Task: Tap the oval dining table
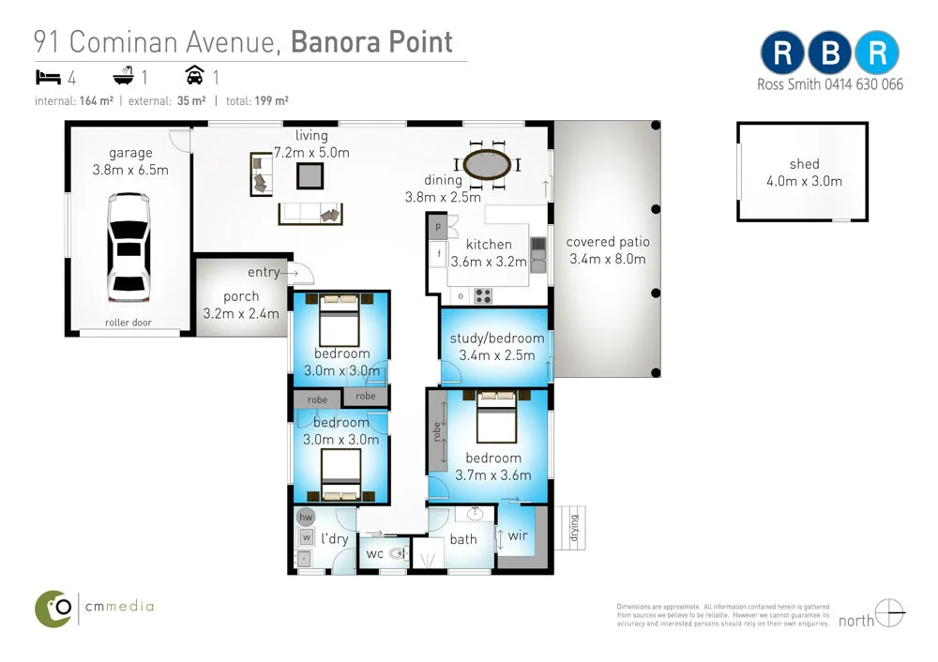489,165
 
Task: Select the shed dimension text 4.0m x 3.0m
803,181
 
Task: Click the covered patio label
607,242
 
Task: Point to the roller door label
129,323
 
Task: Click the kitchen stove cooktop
484,295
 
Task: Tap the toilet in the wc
395,553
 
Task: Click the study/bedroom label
496,339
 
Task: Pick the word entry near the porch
264,273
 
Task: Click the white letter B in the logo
829,53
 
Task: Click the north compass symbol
889,612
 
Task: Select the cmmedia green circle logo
53,608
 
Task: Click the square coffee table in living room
310,175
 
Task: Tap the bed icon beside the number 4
47,76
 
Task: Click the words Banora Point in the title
371,42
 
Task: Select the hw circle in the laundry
305,517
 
